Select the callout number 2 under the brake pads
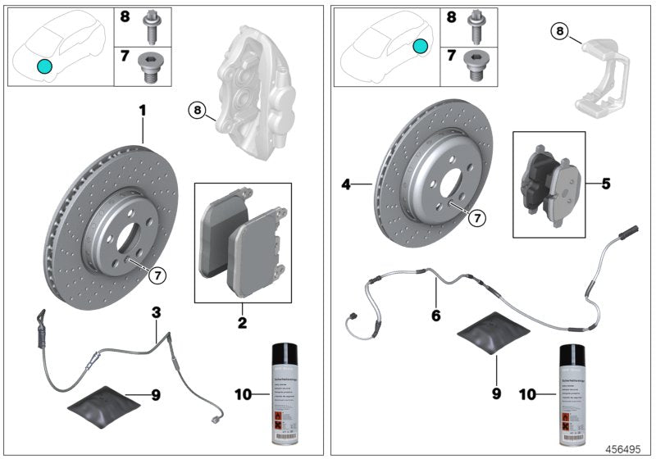click(242, 323)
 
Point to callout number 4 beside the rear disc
click(347, 185)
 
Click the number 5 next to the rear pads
click(605, 184)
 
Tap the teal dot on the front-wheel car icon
click(43, 66)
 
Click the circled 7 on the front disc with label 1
click(157, 275)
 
